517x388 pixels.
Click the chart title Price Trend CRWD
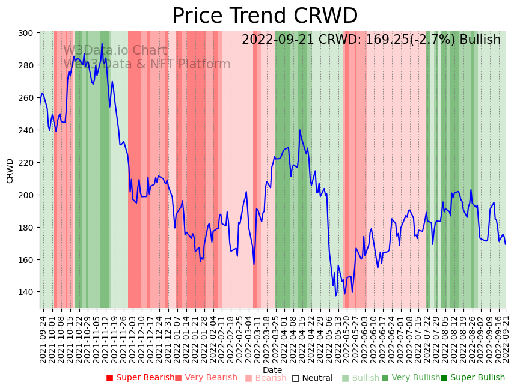265,16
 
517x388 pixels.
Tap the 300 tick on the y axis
29,33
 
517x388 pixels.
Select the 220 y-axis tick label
29,163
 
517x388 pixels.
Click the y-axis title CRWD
10,171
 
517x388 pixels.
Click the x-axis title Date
272,370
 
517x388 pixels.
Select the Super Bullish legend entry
473,378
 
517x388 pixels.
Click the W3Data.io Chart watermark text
115,50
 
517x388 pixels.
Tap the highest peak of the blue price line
102,44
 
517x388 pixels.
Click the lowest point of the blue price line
336,296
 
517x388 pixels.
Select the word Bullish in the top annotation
480,40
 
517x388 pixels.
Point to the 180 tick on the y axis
29,228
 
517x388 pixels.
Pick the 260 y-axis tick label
29,98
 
